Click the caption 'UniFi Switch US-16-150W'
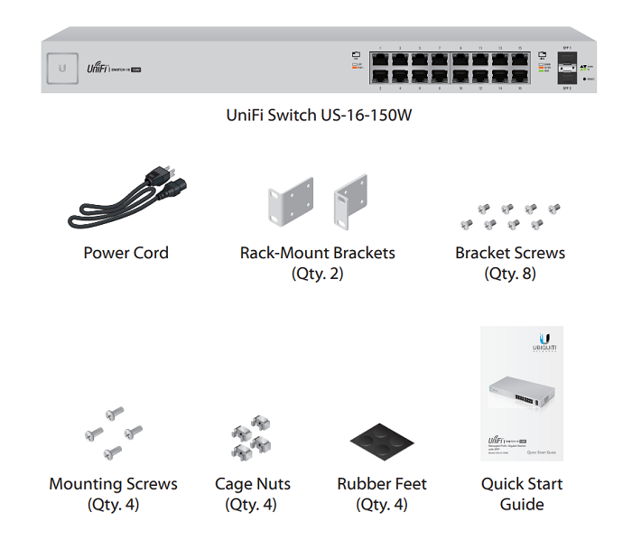point(324,116)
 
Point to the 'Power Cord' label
point(125,253)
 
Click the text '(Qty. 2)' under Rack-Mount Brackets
point(317,273)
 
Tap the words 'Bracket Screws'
point(510,253)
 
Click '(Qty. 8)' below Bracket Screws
point(510,273)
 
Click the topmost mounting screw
point(115,414)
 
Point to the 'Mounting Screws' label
point(113,484)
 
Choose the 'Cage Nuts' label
point(253,484)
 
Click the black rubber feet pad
point(381,442)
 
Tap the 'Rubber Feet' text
point(382,484)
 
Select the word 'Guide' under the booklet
point(522,504)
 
